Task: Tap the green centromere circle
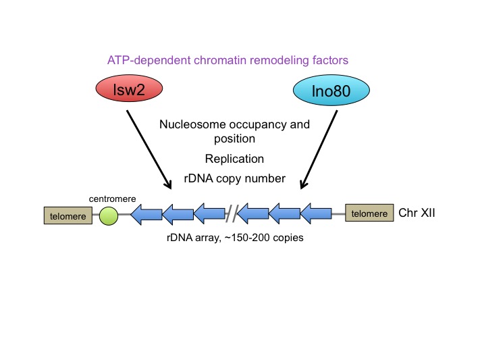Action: [x=108, y=215]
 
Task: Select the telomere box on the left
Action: [x=66, y=215]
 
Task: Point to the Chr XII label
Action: [x=417, y=213]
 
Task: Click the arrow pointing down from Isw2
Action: [x=149, y=150]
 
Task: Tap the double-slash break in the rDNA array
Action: [x=232, y=214]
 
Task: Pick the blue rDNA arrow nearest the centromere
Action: [x=146, y=215]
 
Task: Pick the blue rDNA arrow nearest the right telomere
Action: [x=315, y=214]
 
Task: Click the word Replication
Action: [x=234, y=159]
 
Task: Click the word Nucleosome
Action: [x=190, y=125]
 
